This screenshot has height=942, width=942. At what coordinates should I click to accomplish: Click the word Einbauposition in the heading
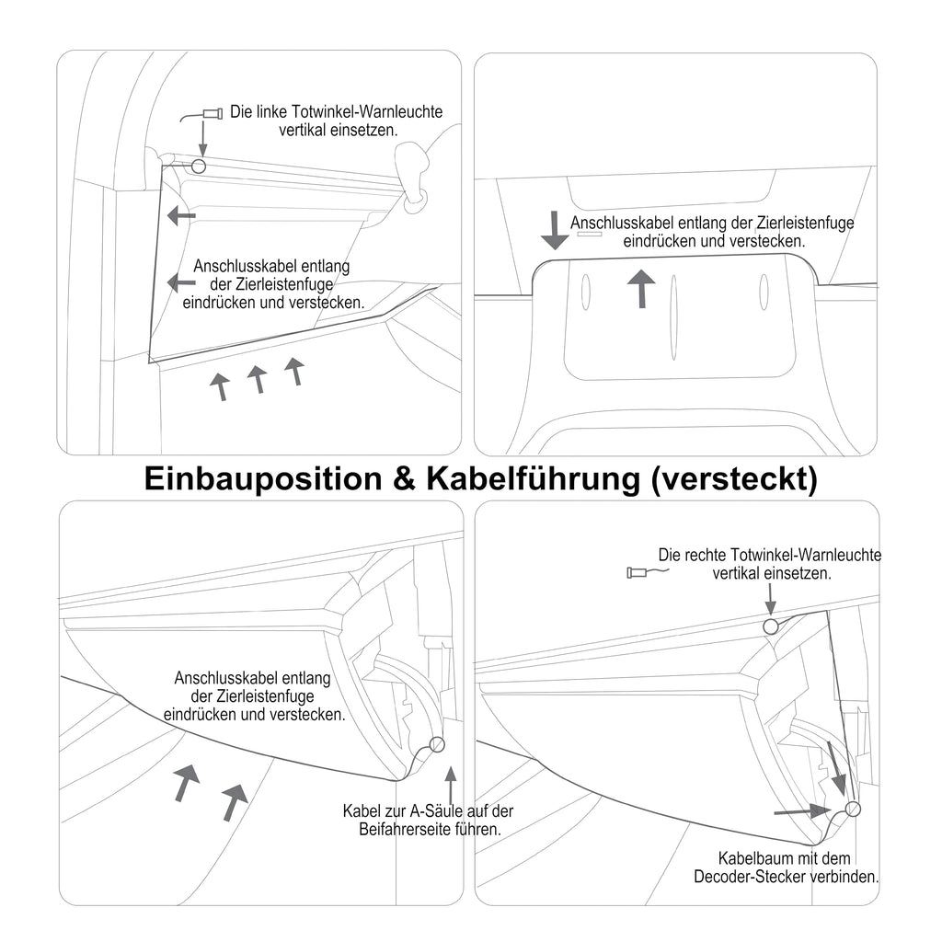tap(263, 478)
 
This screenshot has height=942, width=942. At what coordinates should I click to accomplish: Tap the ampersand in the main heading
tap(405, 478)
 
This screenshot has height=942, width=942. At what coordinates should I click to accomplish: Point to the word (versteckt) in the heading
tap(734, 479)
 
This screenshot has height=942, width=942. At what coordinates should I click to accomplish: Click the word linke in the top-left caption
tap(272, 111)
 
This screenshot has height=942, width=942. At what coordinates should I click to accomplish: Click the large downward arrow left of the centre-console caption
tap(555, 230)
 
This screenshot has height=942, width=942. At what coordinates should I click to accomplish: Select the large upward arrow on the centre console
tap(642, 288)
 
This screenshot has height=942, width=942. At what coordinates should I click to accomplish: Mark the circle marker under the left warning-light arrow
tap(199, 166)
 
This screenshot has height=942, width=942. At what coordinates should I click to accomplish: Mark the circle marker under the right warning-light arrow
tap(771, 626)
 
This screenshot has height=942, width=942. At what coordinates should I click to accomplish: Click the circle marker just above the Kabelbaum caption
tap(853, 810)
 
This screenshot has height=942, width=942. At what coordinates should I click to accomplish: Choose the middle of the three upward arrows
tap(258, 380)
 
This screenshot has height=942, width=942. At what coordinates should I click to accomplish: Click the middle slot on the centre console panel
tap(673, 317)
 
